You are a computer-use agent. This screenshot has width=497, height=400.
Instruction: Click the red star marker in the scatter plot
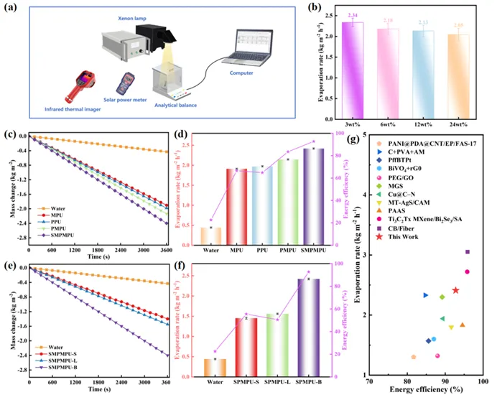(x=455, y=290)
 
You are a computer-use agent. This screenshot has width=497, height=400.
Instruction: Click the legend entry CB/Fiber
(x=411, y=246)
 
